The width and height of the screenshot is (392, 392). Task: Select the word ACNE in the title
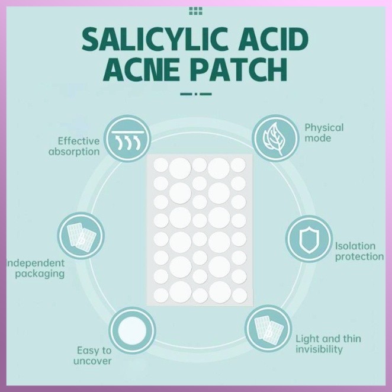pyautogui.click(x=140, y=70)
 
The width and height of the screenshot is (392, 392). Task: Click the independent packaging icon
pyautogui.click(x=79, y=235)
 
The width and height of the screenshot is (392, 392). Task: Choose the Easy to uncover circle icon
pyautogui.click(x=133, y=329)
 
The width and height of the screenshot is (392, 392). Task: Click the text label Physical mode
pyautogui.click(x=323, y=133)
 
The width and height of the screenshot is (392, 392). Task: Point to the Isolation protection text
pyautogui.click(x=359, y=251)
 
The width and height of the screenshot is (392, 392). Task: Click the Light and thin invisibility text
pyautogui.click(x=328, y=344)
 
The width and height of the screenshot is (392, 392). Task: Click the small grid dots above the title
pyautogui.click(x=195, y=11)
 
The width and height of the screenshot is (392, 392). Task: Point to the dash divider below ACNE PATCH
pyautogui.click(x=195, y=93)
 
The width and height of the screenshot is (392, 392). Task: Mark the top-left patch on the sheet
pyautogui.click(x=160, y=165)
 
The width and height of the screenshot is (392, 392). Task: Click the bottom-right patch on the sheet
pyautogui.click(x=239, y=294)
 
